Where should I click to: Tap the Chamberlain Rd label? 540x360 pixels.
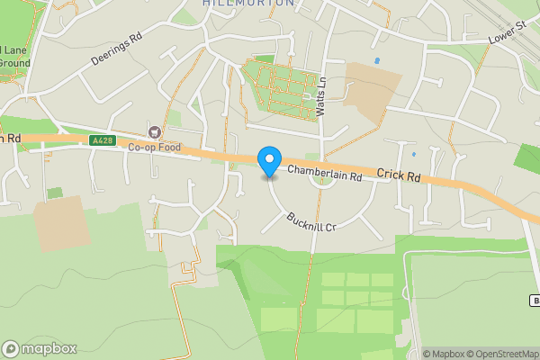324,175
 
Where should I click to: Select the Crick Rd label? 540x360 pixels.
399,177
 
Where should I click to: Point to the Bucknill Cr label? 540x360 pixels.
310,222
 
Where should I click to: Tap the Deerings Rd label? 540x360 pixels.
117,52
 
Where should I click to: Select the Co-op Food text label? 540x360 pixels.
154,148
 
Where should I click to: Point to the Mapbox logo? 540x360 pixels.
40,348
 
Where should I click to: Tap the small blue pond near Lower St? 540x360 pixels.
376,60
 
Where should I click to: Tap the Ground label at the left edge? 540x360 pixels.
15,64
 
